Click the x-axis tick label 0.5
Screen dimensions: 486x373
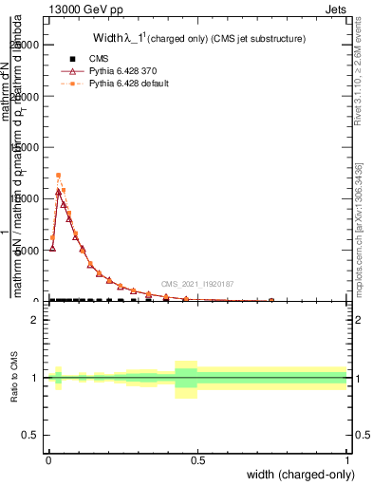click(x=197, y=458)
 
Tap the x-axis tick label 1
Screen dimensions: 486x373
click(x=346, y=458)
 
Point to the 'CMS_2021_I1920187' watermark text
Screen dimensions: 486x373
click(x=196, y=284)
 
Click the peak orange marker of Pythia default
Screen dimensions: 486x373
click(x=58, y=176)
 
